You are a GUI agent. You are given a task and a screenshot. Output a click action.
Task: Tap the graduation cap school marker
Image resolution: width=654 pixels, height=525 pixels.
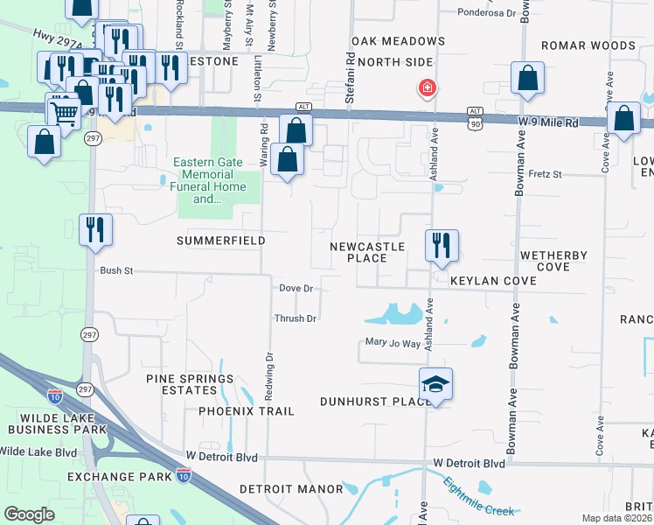tap(435, 385)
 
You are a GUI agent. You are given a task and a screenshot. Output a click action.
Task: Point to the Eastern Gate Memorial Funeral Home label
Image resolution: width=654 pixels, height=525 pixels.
tap(218, 180)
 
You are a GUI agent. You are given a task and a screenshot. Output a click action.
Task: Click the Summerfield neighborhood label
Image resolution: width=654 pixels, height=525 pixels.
tap(220, 240)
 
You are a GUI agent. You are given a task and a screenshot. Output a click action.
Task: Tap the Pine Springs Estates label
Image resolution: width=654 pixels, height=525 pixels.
tap(190, 385)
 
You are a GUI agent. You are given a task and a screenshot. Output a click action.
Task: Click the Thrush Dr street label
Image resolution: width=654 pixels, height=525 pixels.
tap(296, 318)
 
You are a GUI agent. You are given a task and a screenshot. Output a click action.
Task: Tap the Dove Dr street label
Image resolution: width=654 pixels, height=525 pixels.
tap(296, 288)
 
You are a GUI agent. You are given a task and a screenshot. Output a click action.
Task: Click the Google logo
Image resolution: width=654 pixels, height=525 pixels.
tap(29, 514)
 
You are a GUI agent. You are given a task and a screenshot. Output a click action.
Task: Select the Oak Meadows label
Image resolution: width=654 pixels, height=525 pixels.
tap(398, 41)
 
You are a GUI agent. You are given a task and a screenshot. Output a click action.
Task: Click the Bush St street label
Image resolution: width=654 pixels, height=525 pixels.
tap(115, 271)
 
